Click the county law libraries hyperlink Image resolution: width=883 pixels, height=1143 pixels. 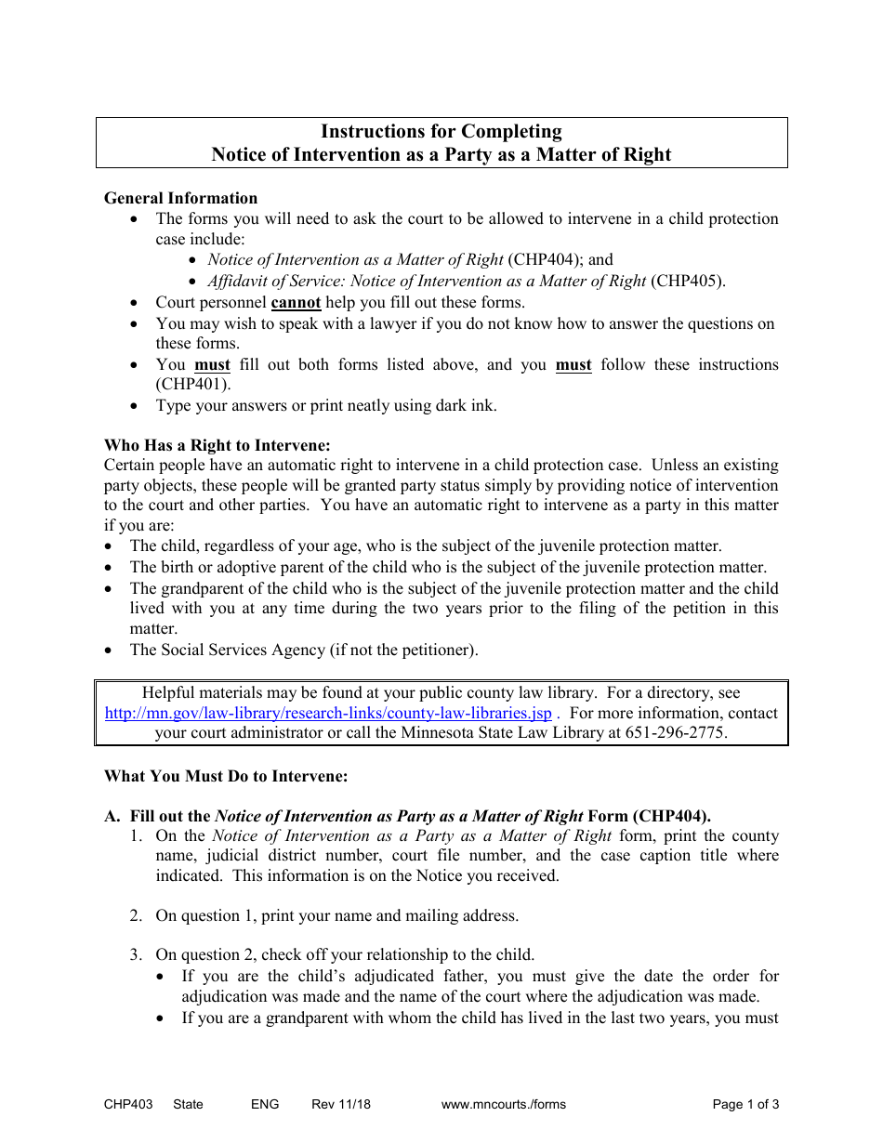tap(328, 714)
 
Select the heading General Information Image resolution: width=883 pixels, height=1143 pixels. tap(180, 198)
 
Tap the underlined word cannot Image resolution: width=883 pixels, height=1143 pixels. tap(296, 303)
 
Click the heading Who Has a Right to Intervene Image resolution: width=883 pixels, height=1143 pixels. tap(217, 445)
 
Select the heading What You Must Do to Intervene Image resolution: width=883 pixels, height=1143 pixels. tap(226, 776)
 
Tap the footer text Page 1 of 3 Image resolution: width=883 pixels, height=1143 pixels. tap(745, 1105)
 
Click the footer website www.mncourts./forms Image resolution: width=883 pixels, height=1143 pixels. tap(503, 1105)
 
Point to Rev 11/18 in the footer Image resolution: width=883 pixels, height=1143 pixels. tap(340, 1105)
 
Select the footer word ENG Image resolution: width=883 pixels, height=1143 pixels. tap(264, 1105)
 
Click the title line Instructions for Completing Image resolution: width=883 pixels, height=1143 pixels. tap(441, 132)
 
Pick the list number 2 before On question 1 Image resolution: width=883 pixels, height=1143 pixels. tap(136, 916)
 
